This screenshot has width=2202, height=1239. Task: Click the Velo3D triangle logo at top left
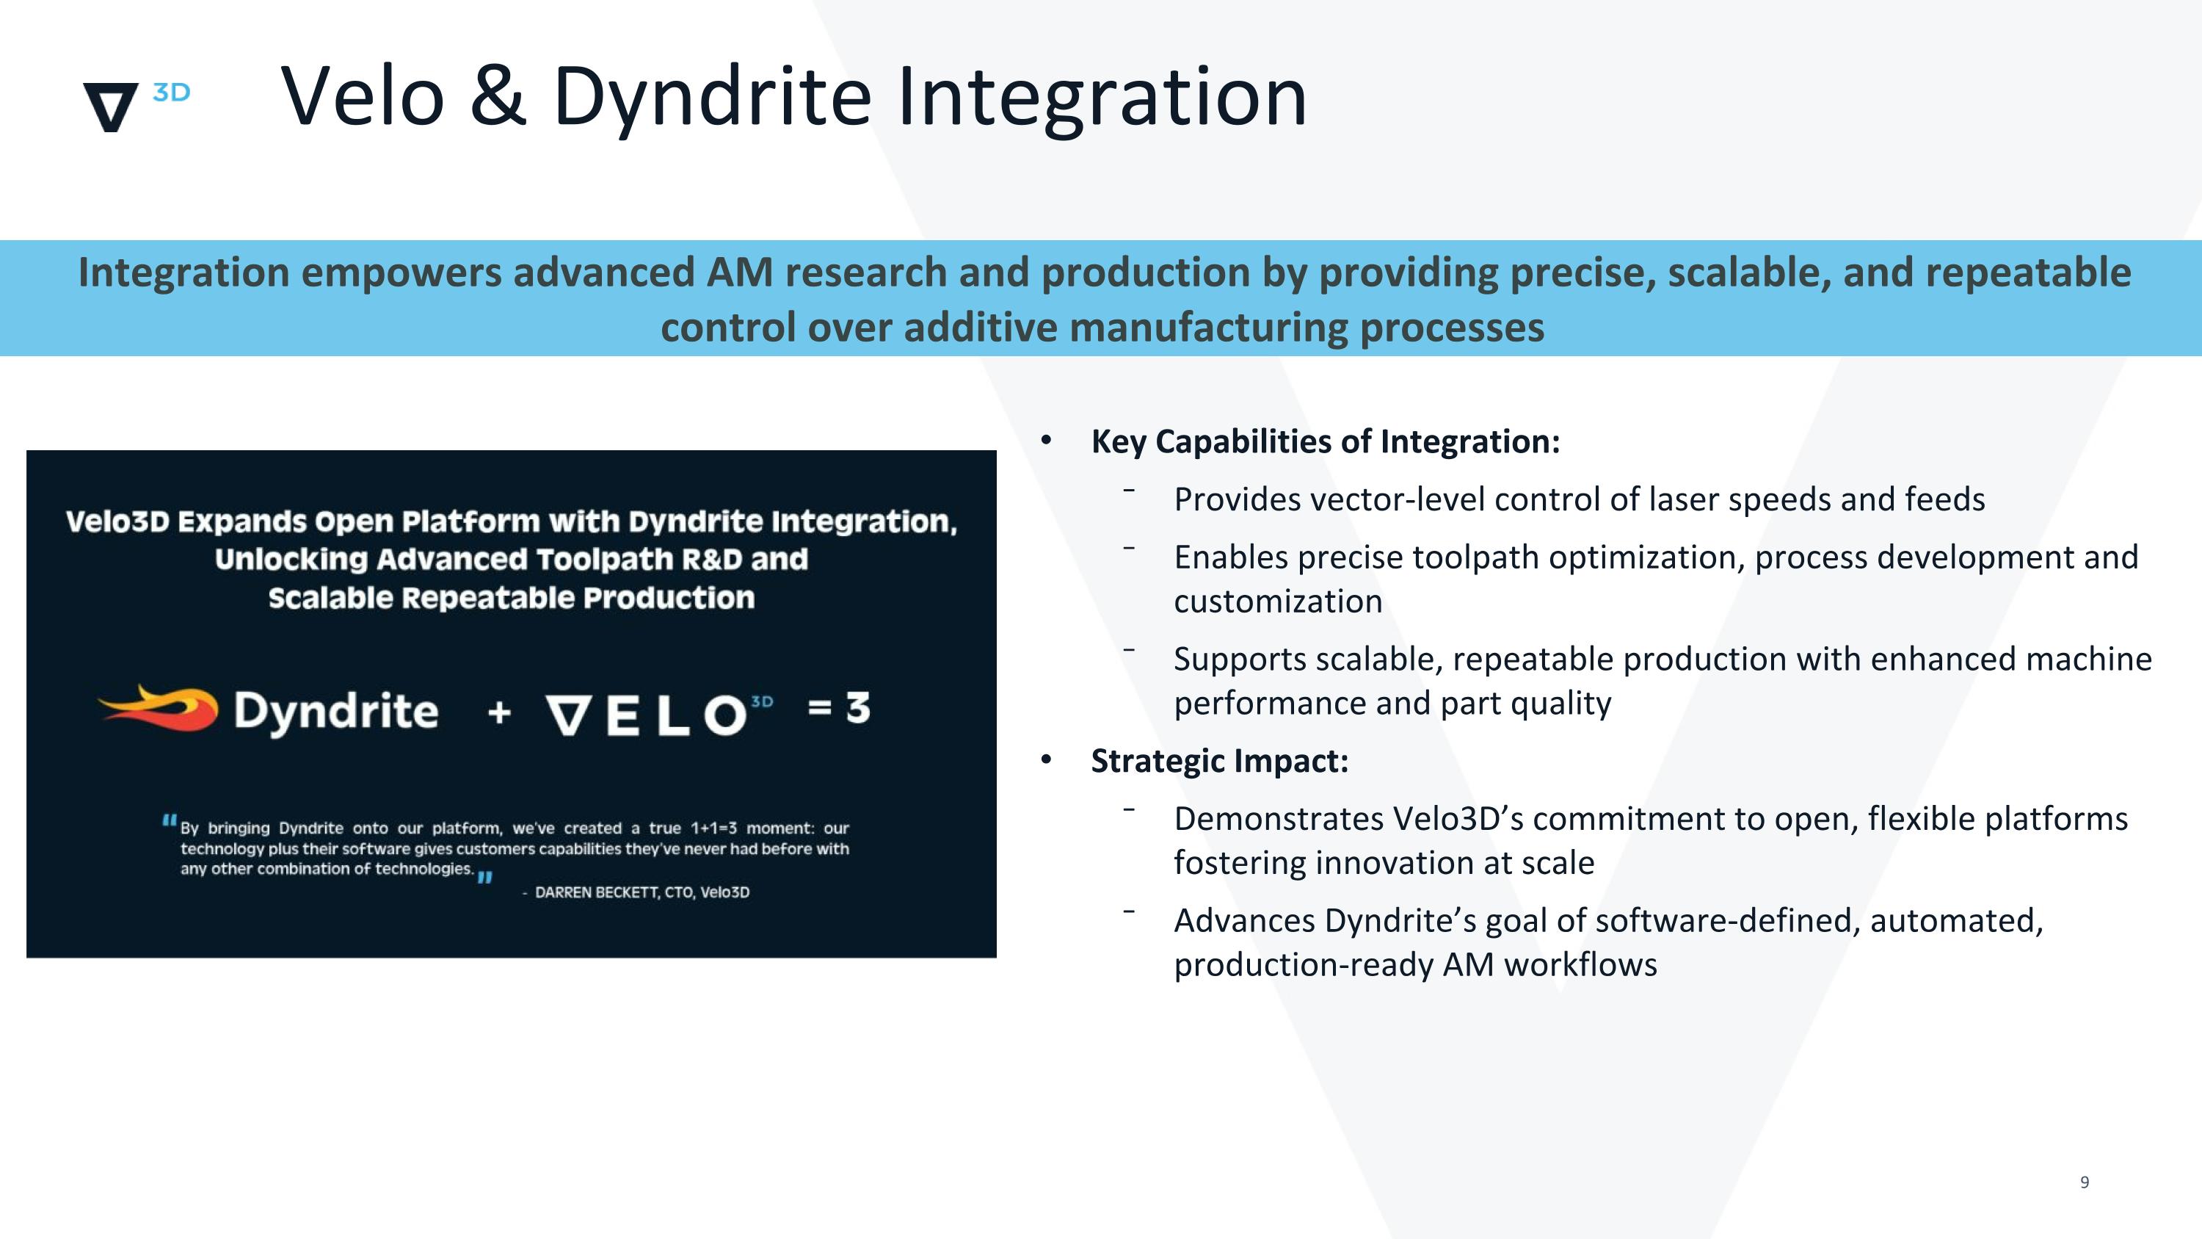click(x=110, y=106)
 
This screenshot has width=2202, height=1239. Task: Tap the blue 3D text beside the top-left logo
click(x=171, y=93)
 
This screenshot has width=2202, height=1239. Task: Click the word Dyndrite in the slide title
click(x=711, y=98)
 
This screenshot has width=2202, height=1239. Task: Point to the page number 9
click(x=2084, y=1182)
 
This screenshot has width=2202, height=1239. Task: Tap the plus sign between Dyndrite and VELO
click(x=499, y=712)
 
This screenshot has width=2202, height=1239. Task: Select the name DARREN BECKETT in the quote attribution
click(x=597, y=892)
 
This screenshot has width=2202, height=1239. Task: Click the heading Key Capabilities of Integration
click(x=1325, y=442)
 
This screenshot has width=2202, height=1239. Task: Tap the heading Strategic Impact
click(x=1219, y=761)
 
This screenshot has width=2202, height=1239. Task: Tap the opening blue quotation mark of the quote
click(x=170, y=822)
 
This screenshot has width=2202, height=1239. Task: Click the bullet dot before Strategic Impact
click(x=1045, y=760)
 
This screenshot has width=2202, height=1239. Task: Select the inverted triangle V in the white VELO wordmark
click(x=567, y=715)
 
